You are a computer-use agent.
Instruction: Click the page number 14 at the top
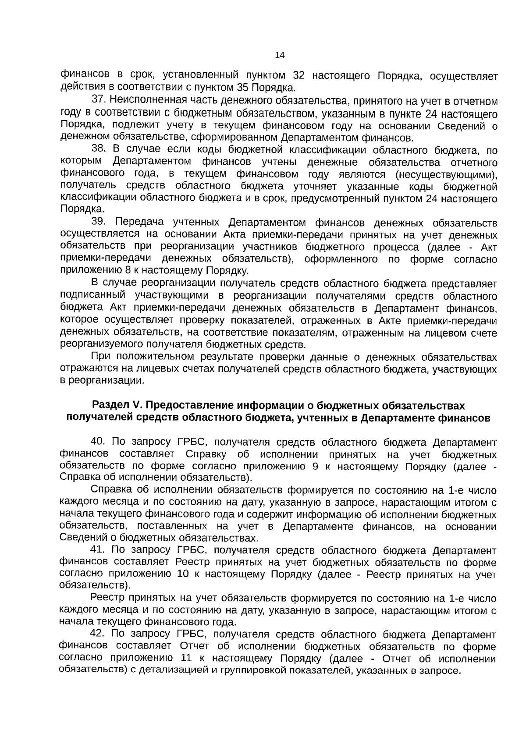279,55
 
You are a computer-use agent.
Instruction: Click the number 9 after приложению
315,466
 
